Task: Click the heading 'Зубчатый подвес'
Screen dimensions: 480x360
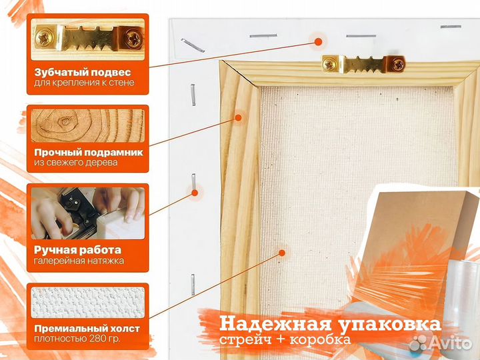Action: tap(83, 72)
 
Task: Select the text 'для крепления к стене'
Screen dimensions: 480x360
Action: tap(84, 83)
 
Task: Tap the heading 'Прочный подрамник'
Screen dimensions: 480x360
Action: tap(89, 153)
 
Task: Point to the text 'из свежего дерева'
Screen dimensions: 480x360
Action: tap(75, 162)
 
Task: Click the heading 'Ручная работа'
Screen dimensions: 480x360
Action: tap(77, 250)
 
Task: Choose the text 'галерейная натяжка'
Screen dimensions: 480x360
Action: tap(79, 261)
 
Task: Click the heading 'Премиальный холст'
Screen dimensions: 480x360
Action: tap(87, 329)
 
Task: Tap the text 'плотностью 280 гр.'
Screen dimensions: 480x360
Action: tap(77, 339)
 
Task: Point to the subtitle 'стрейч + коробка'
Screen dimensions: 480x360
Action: tap(285, 340)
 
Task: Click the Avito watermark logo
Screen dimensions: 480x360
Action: tap(440, 342)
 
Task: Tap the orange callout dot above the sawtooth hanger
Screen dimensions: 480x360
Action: tap(318, 41)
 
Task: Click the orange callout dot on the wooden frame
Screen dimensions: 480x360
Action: tap(238, 117)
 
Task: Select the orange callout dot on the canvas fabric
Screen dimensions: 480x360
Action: tap(282, 253)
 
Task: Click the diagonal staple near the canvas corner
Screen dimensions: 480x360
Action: tap(193, 45)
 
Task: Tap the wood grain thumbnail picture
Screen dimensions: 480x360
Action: tap(87, 125)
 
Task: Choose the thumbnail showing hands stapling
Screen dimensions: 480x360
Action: tap(87, 213)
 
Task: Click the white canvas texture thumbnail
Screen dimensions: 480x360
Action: tap(87, 303)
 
